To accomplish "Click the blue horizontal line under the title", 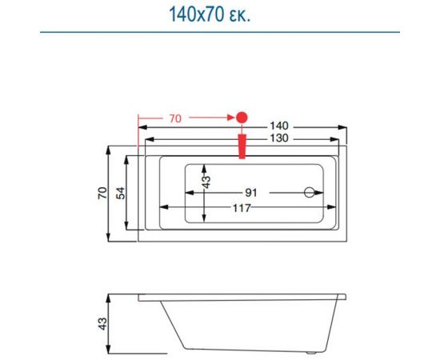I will [220, 33].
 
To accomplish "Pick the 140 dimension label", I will [278, 126].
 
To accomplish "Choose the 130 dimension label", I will [278, 138].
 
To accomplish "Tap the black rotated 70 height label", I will [102, 193].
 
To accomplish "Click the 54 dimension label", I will [120, 193].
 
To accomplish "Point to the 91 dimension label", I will [250, 193].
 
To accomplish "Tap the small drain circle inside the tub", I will [309, 193].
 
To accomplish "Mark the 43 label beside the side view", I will [102, 324].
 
